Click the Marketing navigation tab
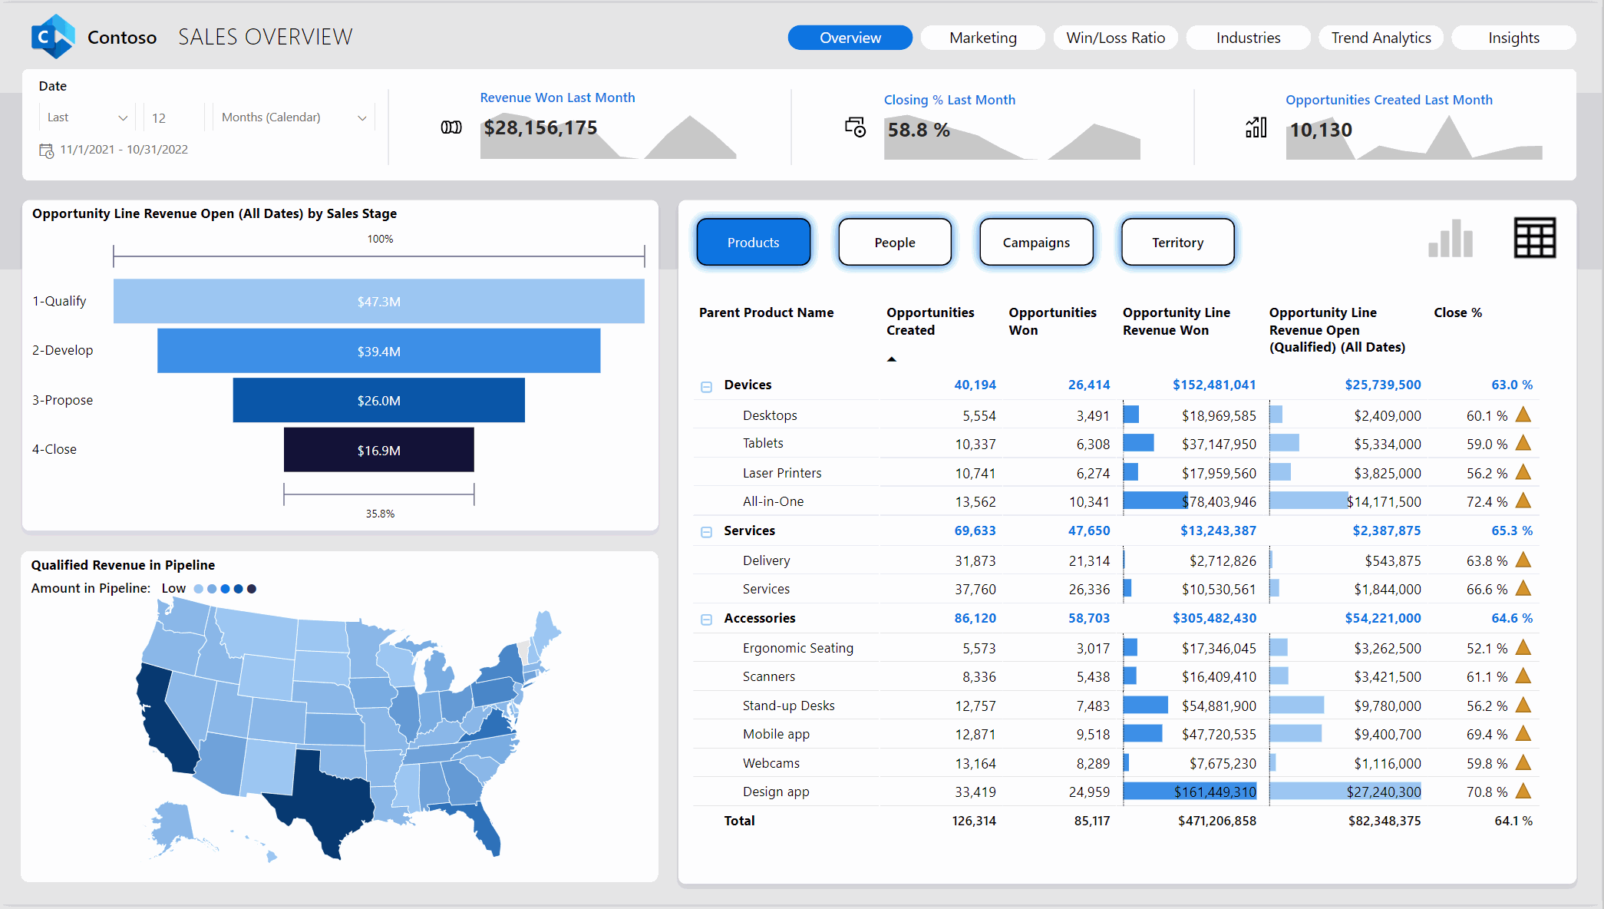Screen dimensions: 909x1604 [x=982, y=38]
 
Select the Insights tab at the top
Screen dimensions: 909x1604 [x=1513, y=38]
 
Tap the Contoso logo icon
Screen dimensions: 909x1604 [x=53, y=36]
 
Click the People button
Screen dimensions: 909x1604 [x=894, y=243]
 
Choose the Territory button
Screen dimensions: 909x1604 [x=1177, y=243]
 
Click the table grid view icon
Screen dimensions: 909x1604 [x=1534, y=238]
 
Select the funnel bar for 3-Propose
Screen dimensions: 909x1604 [x=378, y=400]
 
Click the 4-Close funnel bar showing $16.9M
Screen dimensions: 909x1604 [x=378, y=450]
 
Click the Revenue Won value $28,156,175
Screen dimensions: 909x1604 [x=540, y=128]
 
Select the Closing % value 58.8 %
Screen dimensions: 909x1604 [x=919, y=131]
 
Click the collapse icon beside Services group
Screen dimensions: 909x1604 [x=706, y=532]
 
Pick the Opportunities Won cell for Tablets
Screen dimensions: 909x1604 [x=1092, y=444]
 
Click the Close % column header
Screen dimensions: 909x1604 [x=1457, y=312]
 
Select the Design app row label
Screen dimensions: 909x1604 [x=775, y=792]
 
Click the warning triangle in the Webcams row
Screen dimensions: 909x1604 [x=1523, y=763]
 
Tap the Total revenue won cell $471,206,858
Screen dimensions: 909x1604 [x=1216, y=821]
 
